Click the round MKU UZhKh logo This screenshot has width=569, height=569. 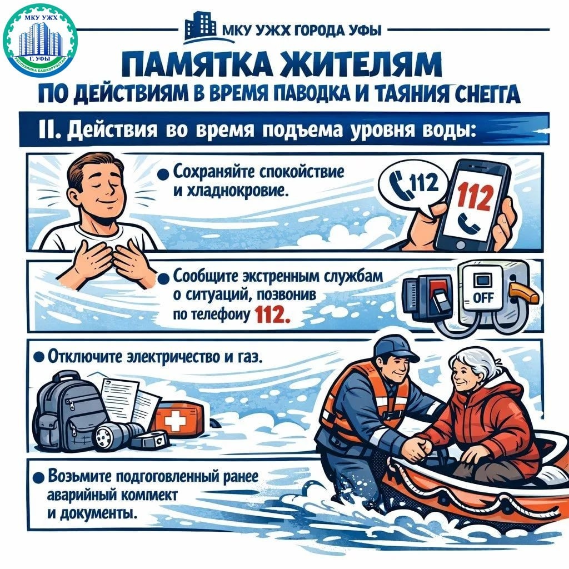click(39, 41)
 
